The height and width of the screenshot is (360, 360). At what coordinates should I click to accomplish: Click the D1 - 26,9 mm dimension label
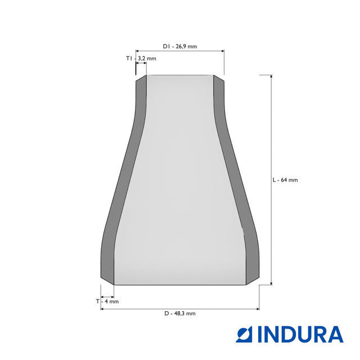click(180, 46)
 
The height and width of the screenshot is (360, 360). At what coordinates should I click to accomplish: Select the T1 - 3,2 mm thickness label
click(141, 58)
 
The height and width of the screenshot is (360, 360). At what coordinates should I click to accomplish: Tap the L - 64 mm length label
click(285, 180)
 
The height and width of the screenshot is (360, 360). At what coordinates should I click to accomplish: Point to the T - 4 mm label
click(107, 301)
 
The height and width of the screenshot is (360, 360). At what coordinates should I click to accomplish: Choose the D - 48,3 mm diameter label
click(180, 313)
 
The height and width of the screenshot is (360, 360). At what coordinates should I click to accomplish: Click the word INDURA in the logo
click(300, 334)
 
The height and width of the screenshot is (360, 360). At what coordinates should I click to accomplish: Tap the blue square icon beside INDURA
click(244, 334)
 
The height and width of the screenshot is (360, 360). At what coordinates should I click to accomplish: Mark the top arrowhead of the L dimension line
click(271, 77)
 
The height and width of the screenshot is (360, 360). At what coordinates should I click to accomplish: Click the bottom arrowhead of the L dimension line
click(271, 283)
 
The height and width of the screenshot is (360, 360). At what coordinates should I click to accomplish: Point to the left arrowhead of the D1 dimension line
click(137, 51)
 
